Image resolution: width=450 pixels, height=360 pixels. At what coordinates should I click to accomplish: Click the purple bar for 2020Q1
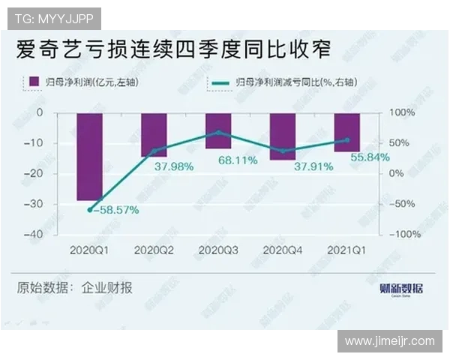click(x=89, y=157)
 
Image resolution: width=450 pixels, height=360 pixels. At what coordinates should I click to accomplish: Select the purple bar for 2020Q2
click(x=154, y=135)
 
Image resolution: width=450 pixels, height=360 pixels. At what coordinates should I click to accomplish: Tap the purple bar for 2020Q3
click(x=218, y=130)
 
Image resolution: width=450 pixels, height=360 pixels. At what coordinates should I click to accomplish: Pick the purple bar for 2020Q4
click(x=283, y=136)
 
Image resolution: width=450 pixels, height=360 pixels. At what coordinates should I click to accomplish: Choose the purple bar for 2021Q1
click(x=346, y=132)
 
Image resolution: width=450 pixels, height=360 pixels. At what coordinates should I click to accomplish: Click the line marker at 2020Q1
click(x=89, y=209)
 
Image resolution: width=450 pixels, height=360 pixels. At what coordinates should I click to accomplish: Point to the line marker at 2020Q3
click(x=218, y=132)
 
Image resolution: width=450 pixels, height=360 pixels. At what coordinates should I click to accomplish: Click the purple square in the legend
click(x=33, y=81)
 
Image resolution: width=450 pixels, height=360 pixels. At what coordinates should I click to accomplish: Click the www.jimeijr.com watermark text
click(x=389, y=341)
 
